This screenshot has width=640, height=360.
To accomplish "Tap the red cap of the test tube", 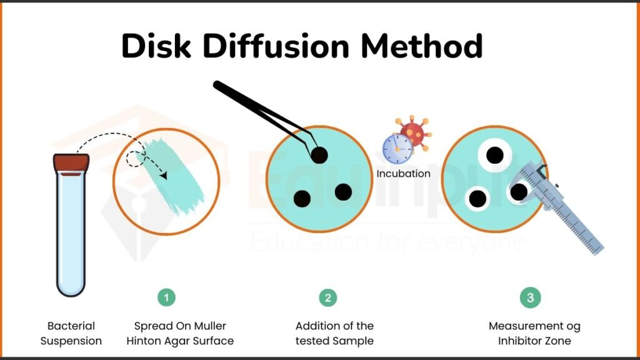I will coord(71,163).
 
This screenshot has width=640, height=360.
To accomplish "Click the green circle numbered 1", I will coord(166,297).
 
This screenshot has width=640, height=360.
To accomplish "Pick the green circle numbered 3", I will coord(530,297).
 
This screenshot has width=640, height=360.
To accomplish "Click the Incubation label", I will coord(403,174).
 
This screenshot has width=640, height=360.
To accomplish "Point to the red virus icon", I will coord(413,132).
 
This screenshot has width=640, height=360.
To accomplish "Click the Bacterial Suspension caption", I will coord(71,333).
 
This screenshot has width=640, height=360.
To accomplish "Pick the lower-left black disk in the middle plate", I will coord(302,199).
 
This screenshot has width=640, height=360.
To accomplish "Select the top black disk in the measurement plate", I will coord(495,154).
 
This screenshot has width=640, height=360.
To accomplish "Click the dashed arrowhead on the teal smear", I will coord(164,176).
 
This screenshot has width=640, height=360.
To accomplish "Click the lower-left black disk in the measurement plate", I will coord(477,199).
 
